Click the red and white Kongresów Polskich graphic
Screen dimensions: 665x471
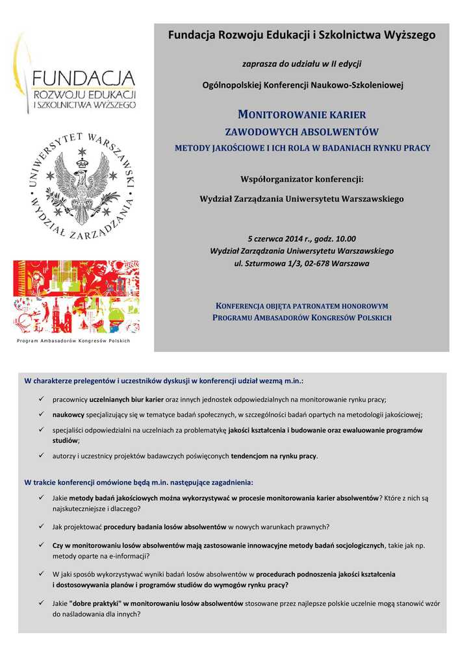click(76, 296)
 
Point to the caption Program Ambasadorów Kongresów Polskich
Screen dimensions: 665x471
click(73, 341)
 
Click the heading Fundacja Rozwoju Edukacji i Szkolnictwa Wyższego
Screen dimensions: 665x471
click(301, 35)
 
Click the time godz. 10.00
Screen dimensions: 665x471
click(335, 238)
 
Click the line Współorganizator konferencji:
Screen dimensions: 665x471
click(301, 179)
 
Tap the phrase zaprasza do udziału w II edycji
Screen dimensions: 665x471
click(301, 64)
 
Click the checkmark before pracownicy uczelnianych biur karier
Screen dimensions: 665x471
click(41, 399)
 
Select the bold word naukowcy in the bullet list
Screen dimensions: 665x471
click(68, 414)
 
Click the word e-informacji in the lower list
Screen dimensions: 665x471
click(129, 556)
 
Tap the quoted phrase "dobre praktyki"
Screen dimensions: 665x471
click(93, 603)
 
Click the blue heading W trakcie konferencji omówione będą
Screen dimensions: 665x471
click(138, 483)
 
